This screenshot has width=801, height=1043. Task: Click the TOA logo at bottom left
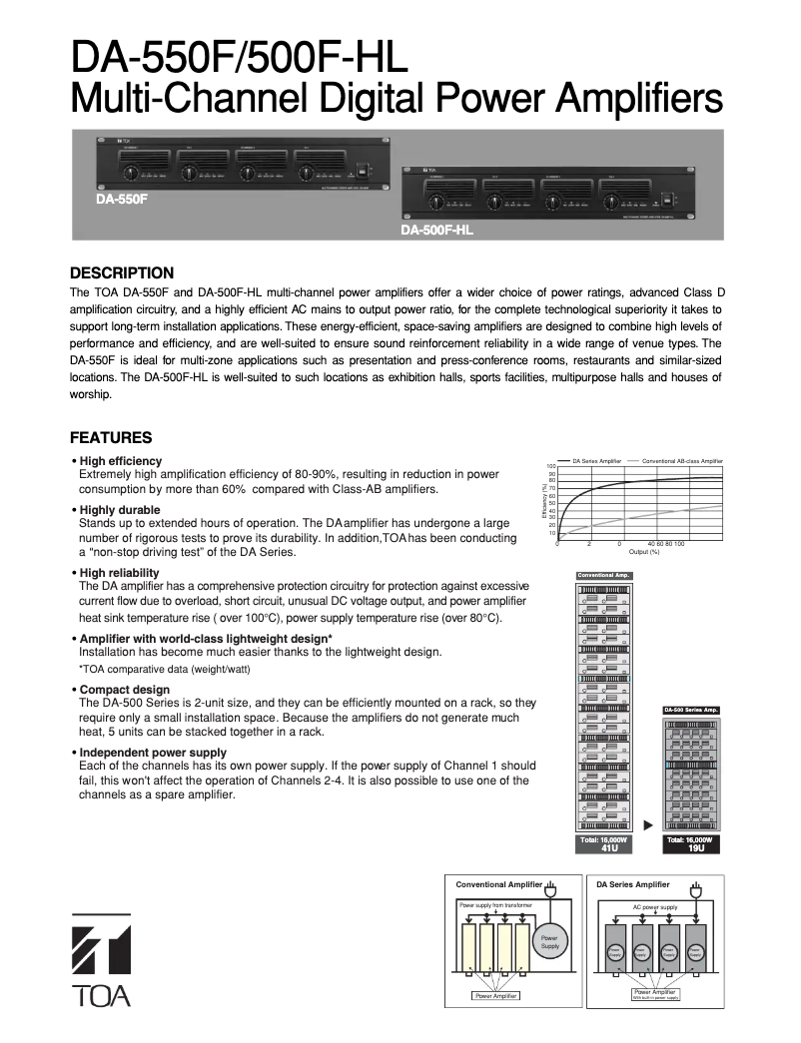(100, 959)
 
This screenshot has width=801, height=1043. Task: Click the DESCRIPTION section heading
(121, 272)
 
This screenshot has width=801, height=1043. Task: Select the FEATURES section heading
(110, 437)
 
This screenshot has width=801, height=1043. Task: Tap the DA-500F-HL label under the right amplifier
(436, 230)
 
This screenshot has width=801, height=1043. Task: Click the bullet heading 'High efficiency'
(120, 460)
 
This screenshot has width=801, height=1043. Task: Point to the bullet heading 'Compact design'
(124, 690)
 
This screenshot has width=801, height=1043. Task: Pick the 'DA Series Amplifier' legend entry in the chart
(596, 461)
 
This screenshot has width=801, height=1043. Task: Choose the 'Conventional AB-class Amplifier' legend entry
(681, 461)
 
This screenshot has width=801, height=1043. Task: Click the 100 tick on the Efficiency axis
(550, 466)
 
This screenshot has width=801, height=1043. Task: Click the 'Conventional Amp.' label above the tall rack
(604, 575)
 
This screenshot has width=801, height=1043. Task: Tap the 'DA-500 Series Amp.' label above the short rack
(691, 710)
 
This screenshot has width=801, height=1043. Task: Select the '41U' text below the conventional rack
(604, 848)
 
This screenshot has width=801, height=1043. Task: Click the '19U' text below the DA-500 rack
(691, 848)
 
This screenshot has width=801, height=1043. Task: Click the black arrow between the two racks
(648, 824)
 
